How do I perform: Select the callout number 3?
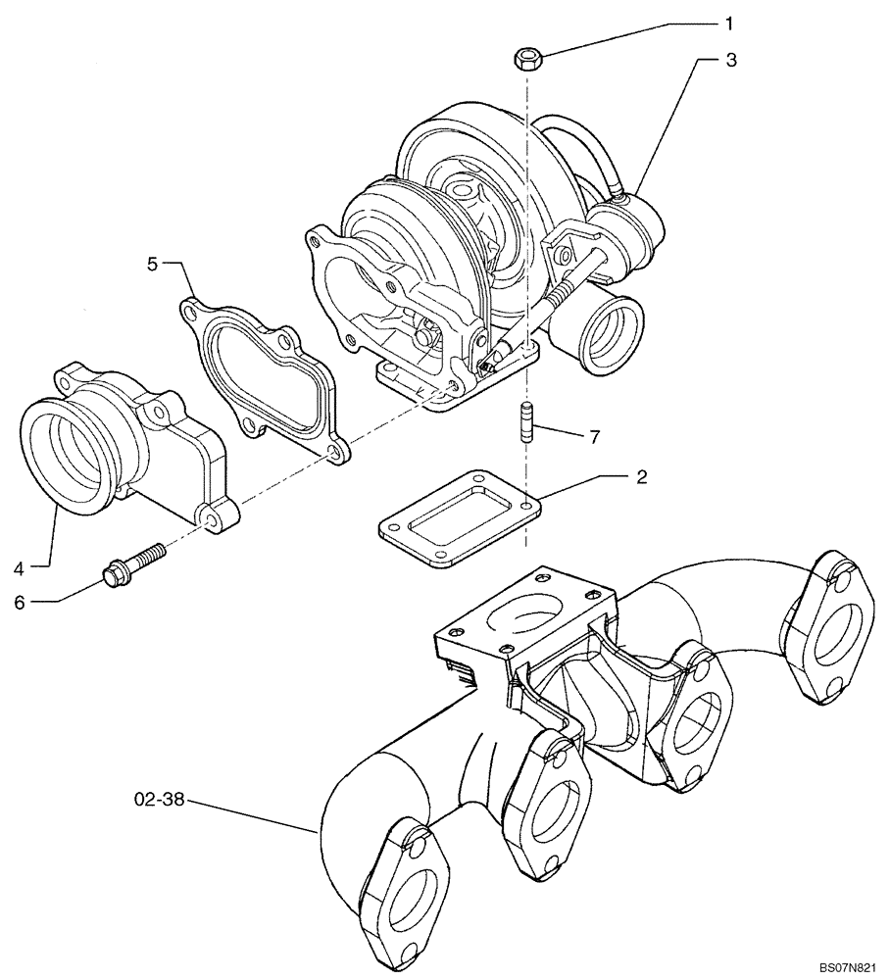point(730,60)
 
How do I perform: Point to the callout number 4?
point(19,564)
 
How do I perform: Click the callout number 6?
point(19,603)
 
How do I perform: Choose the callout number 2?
point(641,477)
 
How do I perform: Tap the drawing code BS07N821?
point(848,967)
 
